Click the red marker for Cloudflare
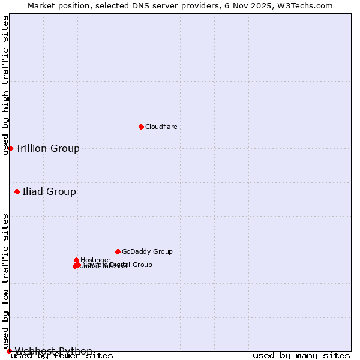141,127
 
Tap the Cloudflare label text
161,127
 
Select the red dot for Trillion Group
10,148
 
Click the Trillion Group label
47,149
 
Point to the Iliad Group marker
17,191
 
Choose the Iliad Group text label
49,192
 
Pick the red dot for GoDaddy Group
118,251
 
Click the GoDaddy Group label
147,252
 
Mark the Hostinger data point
76,260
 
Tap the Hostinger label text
95,260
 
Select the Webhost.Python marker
9,351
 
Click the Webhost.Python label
53,351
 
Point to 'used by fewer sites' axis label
62,356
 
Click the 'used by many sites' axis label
301,356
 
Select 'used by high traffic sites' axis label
6,85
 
